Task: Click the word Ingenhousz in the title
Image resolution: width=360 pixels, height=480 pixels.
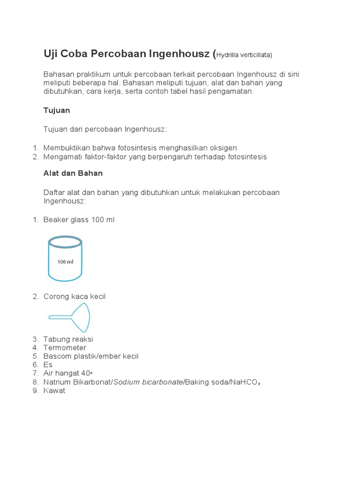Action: point(180,54)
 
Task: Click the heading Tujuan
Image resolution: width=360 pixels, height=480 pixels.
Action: point(57,110)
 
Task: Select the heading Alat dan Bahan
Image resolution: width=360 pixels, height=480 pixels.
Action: point(73,173)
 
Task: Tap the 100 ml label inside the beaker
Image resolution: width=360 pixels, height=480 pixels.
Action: point(65,262)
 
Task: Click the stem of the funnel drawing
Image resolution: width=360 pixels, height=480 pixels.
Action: point(60,318)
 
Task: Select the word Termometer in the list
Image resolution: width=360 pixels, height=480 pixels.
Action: point(65,348)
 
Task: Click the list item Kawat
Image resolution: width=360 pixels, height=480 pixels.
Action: point(54,390)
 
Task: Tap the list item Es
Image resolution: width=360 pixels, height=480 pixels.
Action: point(48,365)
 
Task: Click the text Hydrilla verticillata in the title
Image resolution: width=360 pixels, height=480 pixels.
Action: point(244,55)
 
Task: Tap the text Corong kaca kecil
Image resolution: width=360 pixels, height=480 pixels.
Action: point(75,296)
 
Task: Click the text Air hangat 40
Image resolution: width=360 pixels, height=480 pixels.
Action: point(67,373)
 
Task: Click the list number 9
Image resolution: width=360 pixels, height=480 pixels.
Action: point(35,390)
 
